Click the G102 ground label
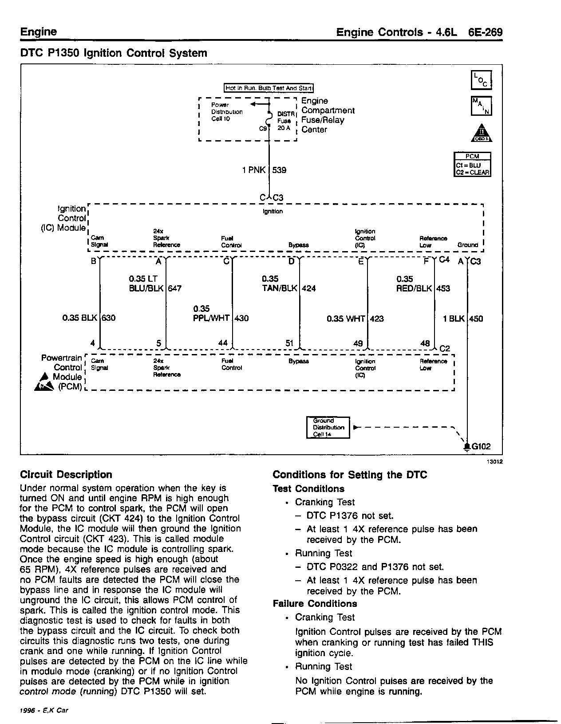[481, 447]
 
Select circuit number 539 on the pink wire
[279, 170]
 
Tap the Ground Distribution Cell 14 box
[328, 427]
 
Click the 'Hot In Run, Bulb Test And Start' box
[269, 88]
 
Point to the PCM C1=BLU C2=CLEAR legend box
[472, 165]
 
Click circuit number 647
[175, 288]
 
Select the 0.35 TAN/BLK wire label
[279, 283]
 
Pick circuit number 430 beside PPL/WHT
[242, 318]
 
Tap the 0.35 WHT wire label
[346, 319]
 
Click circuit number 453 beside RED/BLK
[443, 288]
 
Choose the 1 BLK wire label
[454, 319]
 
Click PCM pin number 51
[289, 343]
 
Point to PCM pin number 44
[223, 343]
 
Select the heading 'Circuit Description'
[66, 475]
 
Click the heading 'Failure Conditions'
[315, 604]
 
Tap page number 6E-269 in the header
[485, 32]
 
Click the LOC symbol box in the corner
[481, 80]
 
